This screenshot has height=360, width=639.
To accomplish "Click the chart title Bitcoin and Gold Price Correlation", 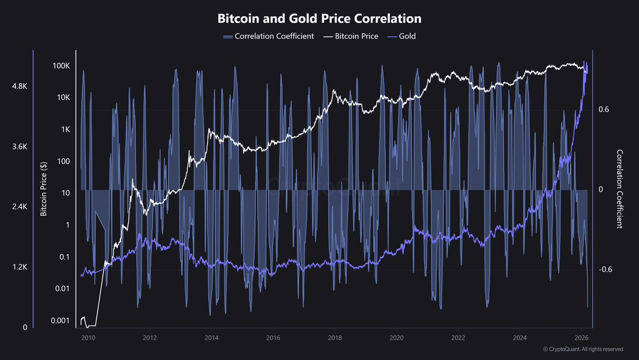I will click(319, 18).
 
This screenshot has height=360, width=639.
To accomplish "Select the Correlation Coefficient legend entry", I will click(269, 36).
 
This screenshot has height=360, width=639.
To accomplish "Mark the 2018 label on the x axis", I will click(335, 338).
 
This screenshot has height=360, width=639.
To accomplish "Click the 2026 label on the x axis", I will click(581, 338).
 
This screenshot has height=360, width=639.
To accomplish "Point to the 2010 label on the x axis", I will click(88, 338).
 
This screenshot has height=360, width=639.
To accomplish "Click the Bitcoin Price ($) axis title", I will click(44, 189).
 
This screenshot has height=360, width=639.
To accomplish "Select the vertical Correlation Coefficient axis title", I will click(619, 189).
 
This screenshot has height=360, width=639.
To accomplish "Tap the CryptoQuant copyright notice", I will click(583, 349).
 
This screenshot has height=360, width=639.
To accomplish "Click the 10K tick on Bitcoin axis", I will click(62, 98).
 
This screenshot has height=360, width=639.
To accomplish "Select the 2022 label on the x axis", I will click(458, 338).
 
